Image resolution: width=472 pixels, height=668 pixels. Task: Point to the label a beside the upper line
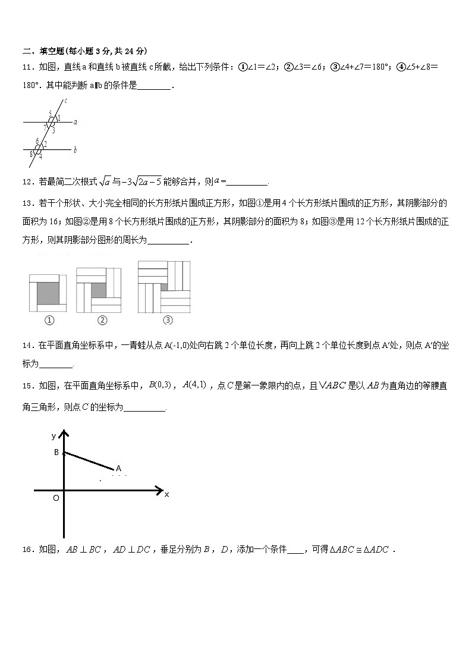(x=75, y=121)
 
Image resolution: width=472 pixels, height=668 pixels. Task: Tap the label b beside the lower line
(x=75, y=150)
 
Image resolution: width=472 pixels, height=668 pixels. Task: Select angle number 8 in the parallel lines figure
(x=31, y=154)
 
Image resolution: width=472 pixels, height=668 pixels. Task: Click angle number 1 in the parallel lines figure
(x=58, y=118)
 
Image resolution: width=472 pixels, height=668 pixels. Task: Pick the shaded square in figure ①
(x=47, y=292)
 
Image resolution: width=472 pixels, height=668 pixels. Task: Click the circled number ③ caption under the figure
(x=168, y=320)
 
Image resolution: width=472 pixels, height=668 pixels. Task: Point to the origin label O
(x=56, y=498)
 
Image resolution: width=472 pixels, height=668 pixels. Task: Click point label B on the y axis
(x=56, y=453)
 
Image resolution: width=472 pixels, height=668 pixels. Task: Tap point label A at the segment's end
(x=119, y=468)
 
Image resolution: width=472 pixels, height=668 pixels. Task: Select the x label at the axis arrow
(x=167, y=494)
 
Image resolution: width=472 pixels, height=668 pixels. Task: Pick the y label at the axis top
(x=54, y=436)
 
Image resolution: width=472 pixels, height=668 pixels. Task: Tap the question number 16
(x=27, y=550)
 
